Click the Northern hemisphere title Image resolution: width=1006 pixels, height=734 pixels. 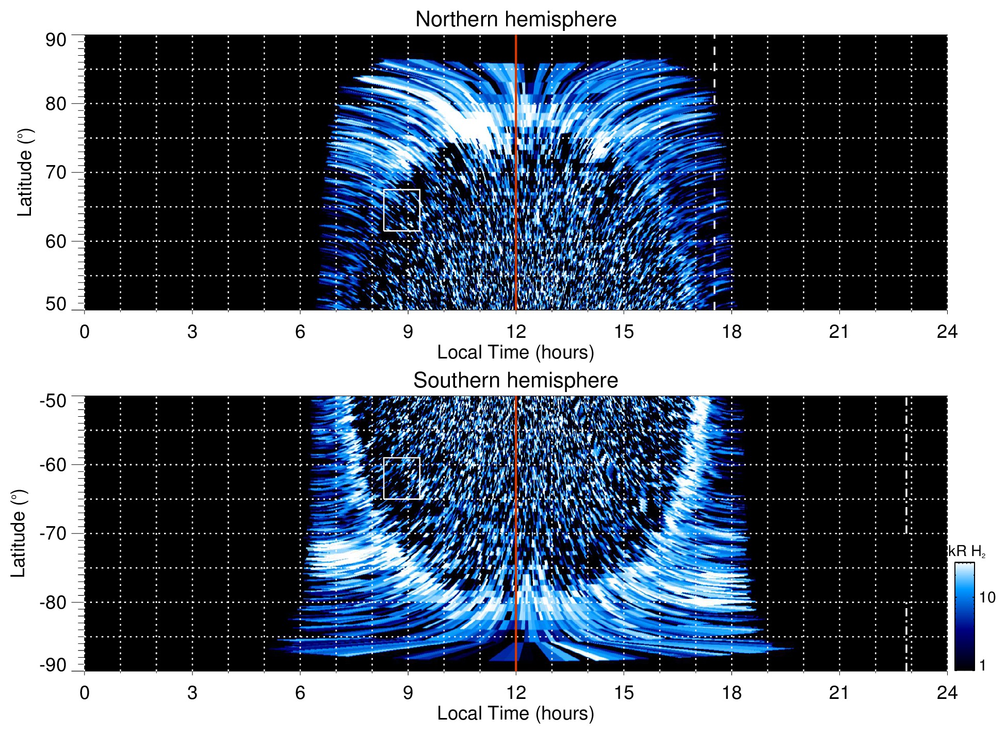coord(515,20)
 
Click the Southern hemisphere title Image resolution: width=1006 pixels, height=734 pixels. coord(515,381)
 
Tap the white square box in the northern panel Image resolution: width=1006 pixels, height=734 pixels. coord(401,210)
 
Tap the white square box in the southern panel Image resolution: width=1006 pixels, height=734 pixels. coord(401,478)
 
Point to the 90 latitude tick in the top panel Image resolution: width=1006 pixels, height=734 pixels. coord(56,40)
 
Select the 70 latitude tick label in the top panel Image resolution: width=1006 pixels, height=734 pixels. coord(56,172)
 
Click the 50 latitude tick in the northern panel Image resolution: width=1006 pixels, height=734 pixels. coord(56,304)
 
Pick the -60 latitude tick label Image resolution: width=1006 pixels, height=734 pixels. coord(53,464)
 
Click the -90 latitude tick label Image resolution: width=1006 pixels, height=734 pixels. coord(53,665)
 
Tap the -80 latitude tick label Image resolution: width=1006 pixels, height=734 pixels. coord(53,602)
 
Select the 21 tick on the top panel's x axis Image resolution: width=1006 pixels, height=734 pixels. coord(839,331)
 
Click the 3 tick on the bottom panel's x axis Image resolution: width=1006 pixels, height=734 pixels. coord(192,692)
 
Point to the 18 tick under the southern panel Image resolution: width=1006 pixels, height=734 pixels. coord(731,692)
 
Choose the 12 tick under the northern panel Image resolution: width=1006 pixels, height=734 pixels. coord(515,331)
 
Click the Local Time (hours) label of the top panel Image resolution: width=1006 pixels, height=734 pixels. coord(515,352)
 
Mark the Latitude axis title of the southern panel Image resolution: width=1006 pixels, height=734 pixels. coord(18,533)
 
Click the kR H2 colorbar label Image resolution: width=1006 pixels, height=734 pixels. coord(966,551)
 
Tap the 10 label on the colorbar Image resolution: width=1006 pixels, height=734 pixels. coord(987,597)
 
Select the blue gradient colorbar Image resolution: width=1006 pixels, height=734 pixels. coord(964,616)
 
